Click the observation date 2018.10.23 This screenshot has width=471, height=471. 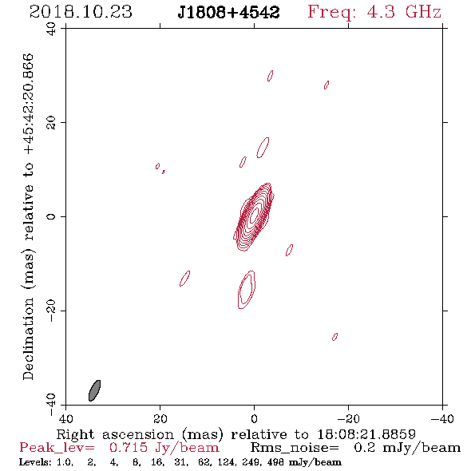pos(81,12)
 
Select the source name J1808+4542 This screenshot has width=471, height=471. pos(228,13)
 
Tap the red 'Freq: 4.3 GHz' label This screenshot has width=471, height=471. pos(374,13)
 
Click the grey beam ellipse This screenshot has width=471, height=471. pos(95,390)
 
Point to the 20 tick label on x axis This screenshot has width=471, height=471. pos(160,419)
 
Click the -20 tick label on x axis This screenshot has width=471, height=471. pos(348,419)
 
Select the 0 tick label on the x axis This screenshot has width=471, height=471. pos(254,419)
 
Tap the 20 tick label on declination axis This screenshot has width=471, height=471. pos(51,123)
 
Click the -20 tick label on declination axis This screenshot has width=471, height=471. pos(51,311)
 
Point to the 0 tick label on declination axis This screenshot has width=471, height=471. pos(51,216)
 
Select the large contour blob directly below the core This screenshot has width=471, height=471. pos(247,290)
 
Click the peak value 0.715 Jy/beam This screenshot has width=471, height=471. pos(164,448)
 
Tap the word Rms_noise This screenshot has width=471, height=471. pos(295,448)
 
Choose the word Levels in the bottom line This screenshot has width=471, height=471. pos(35,462)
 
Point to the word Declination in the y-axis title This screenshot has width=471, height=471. pos(28,338)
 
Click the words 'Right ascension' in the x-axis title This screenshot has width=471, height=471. pos(115,434)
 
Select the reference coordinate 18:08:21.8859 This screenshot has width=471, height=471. pos(366,434)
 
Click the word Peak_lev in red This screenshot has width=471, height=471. pos(57,448)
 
